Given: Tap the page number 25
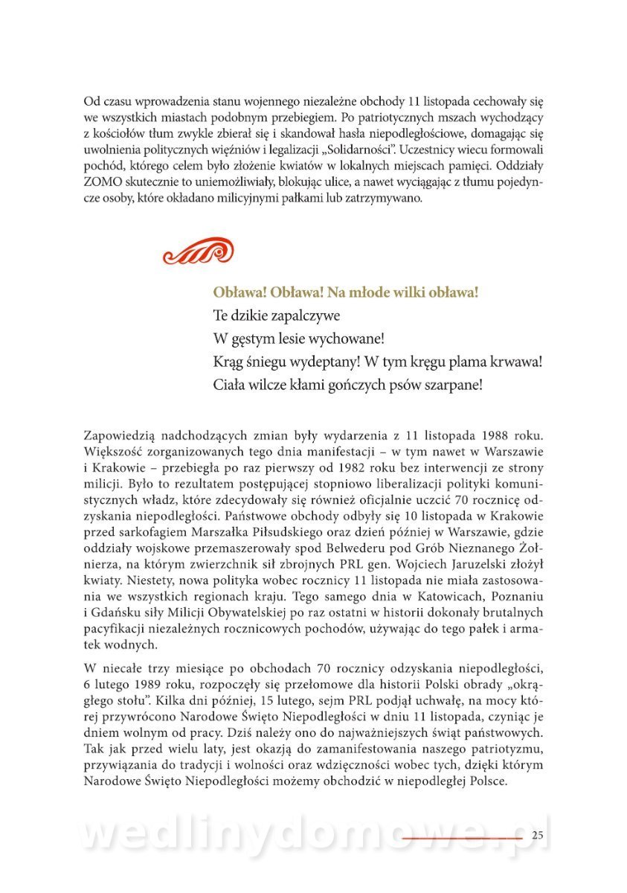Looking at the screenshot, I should point(539,836).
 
